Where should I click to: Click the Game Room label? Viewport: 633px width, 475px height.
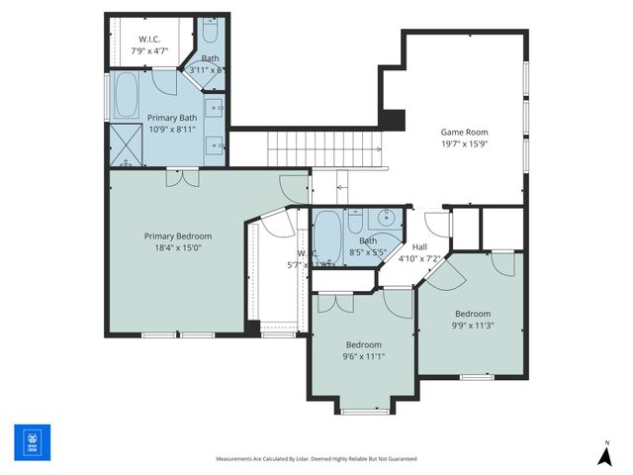tap(464, 131)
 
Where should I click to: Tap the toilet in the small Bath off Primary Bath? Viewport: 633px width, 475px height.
tap(210, 33)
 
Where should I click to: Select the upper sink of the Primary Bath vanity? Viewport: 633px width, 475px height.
tap(217, 107)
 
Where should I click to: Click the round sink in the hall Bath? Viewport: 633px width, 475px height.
tap(387, 219)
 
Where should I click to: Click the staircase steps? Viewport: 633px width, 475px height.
tap(323, 151)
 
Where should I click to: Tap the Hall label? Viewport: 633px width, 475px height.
tap(419, 247)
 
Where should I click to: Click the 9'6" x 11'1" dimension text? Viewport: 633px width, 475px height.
tap(363, 356)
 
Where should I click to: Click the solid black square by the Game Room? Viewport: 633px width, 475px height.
tap(393, 119)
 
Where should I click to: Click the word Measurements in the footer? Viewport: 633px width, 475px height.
tap(240, 459)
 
